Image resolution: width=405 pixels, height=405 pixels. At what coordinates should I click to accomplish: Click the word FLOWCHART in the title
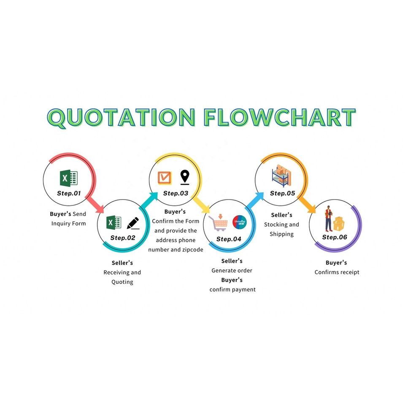pyautogui.click(x=278, y=118)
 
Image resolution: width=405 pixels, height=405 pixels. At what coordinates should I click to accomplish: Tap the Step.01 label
pyautogui.click(x=69, y=194)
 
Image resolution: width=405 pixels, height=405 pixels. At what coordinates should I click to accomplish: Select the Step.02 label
pyautogui.click(x=123, y=238)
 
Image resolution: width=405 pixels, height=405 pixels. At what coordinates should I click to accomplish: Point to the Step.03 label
pyautogui.click(x=175, y=194)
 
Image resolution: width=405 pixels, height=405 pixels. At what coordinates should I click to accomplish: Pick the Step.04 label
pyautogui.click(x=229, y=239)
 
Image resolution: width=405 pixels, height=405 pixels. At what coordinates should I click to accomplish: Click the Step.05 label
pyautogui.click(x=282, y=194)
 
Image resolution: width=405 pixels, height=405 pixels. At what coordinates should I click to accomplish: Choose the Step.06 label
pyautogui.click(x=335, y=237)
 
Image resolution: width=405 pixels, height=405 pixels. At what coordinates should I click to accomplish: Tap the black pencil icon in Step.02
pyautogui.click(x=133, y=222)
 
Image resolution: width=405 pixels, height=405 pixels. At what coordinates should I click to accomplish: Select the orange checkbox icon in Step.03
pyautogui.click(x=165, y=178)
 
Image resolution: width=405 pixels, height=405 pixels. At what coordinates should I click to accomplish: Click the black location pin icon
pyautogui.click(x=184, y=177)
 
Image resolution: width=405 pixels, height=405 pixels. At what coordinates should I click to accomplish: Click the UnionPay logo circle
pyautogui.click(x=239, y=222)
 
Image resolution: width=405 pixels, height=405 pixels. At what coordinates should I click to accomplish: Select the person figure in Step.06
pyautogui.click(x=328, y=219)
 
